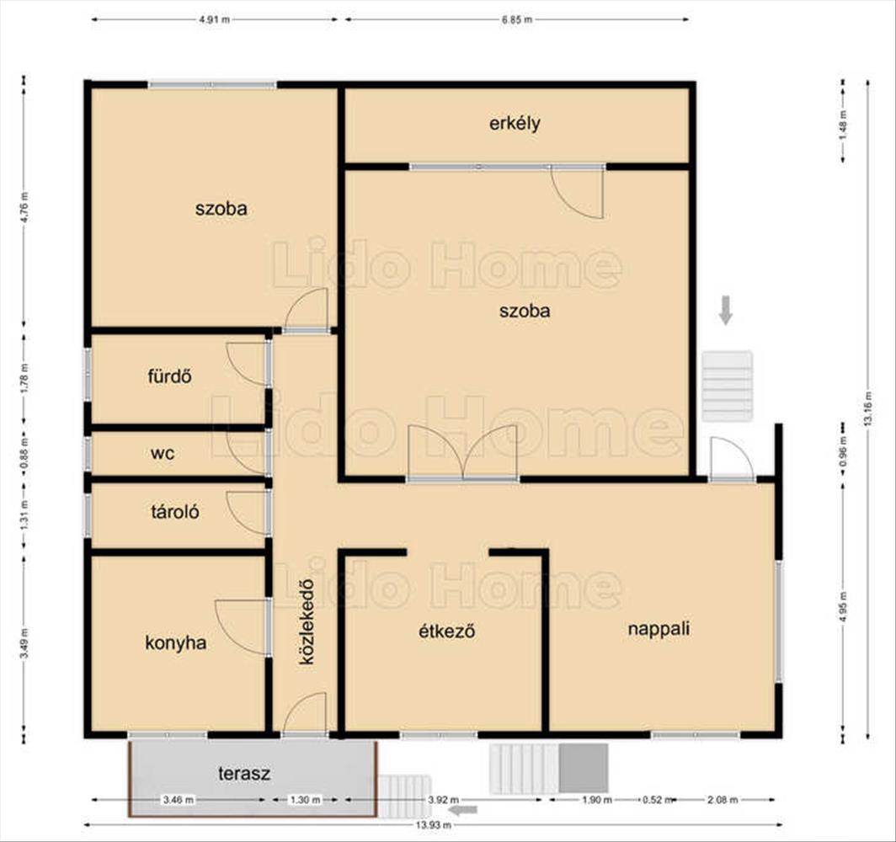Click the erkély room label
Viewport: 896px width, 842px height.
[515, 124]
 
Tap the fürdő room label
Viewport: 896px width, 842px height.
[170, 376]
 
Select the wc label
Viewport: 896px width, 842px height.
[163, 454]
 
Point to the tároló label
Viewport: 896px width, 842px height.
[175, 511]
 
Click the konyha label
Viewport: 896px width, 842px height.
[175, 643]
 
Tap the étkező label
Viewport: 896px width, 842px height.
[447, 631]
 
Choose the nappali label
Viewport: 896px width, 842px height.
[659, 629]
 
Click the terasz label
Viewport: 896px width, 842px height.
[244, 774]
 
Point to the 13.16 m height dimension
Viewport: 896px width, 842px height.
[867, 408]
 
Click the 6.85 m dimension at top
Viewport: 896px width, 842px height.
[516, 19]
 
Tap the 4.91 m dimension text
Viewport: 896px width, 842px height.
[214, 19]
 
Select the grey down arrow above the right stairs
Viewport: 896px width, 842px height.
[726, 310]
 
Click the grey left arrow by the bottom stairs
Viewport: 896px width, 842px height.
[463, 809]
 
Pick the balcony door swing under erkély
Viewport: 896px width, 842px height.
[577, 192]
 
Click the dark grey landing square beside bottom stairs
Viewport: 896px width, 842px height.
[583, 768]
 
